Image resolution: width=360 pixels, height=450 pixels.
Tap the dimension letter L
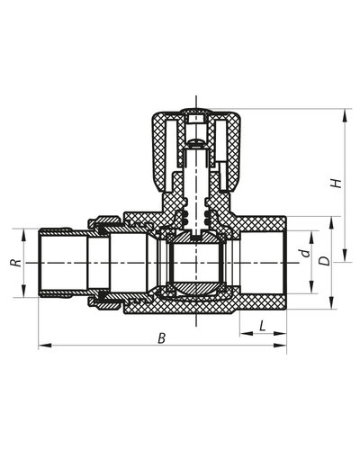[x=260, y=325]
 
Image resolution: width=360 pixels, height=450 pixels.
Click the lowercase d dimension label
[x=305, y=255]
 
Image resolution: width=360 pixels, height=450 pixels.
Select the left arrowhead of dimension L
[x=242, y=335]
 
